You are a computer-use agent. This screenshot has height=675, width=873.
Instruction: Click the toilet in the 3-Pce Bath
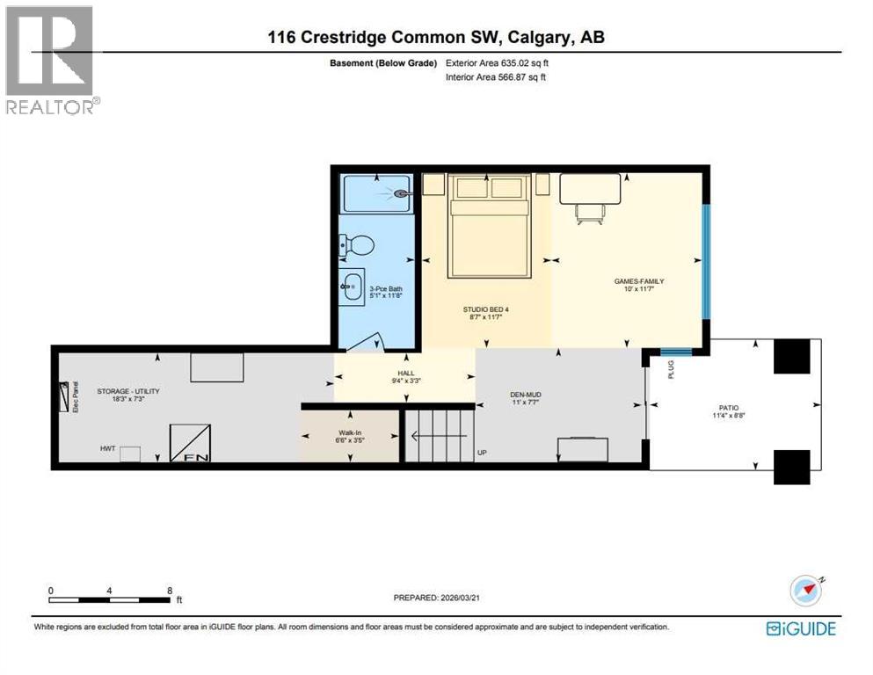point(357,246)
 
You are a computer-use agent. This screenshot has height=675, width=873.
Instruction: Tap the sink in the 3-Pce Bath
point(353,287)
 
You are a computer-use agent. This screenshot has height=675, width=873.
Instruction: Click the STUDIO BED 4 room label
point(486,309)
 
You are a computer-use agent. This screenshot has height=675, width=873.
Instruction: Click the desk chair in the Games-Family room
point(589,212)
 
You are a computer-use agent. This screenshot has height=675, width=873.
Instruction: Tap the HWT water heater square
point(130,454)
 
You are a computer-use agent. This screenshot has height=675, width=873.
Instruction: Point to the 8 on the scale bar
point(168,591)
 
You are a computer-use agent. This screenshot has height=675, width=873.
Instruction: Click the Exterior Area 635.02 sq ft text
point(498,63)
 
